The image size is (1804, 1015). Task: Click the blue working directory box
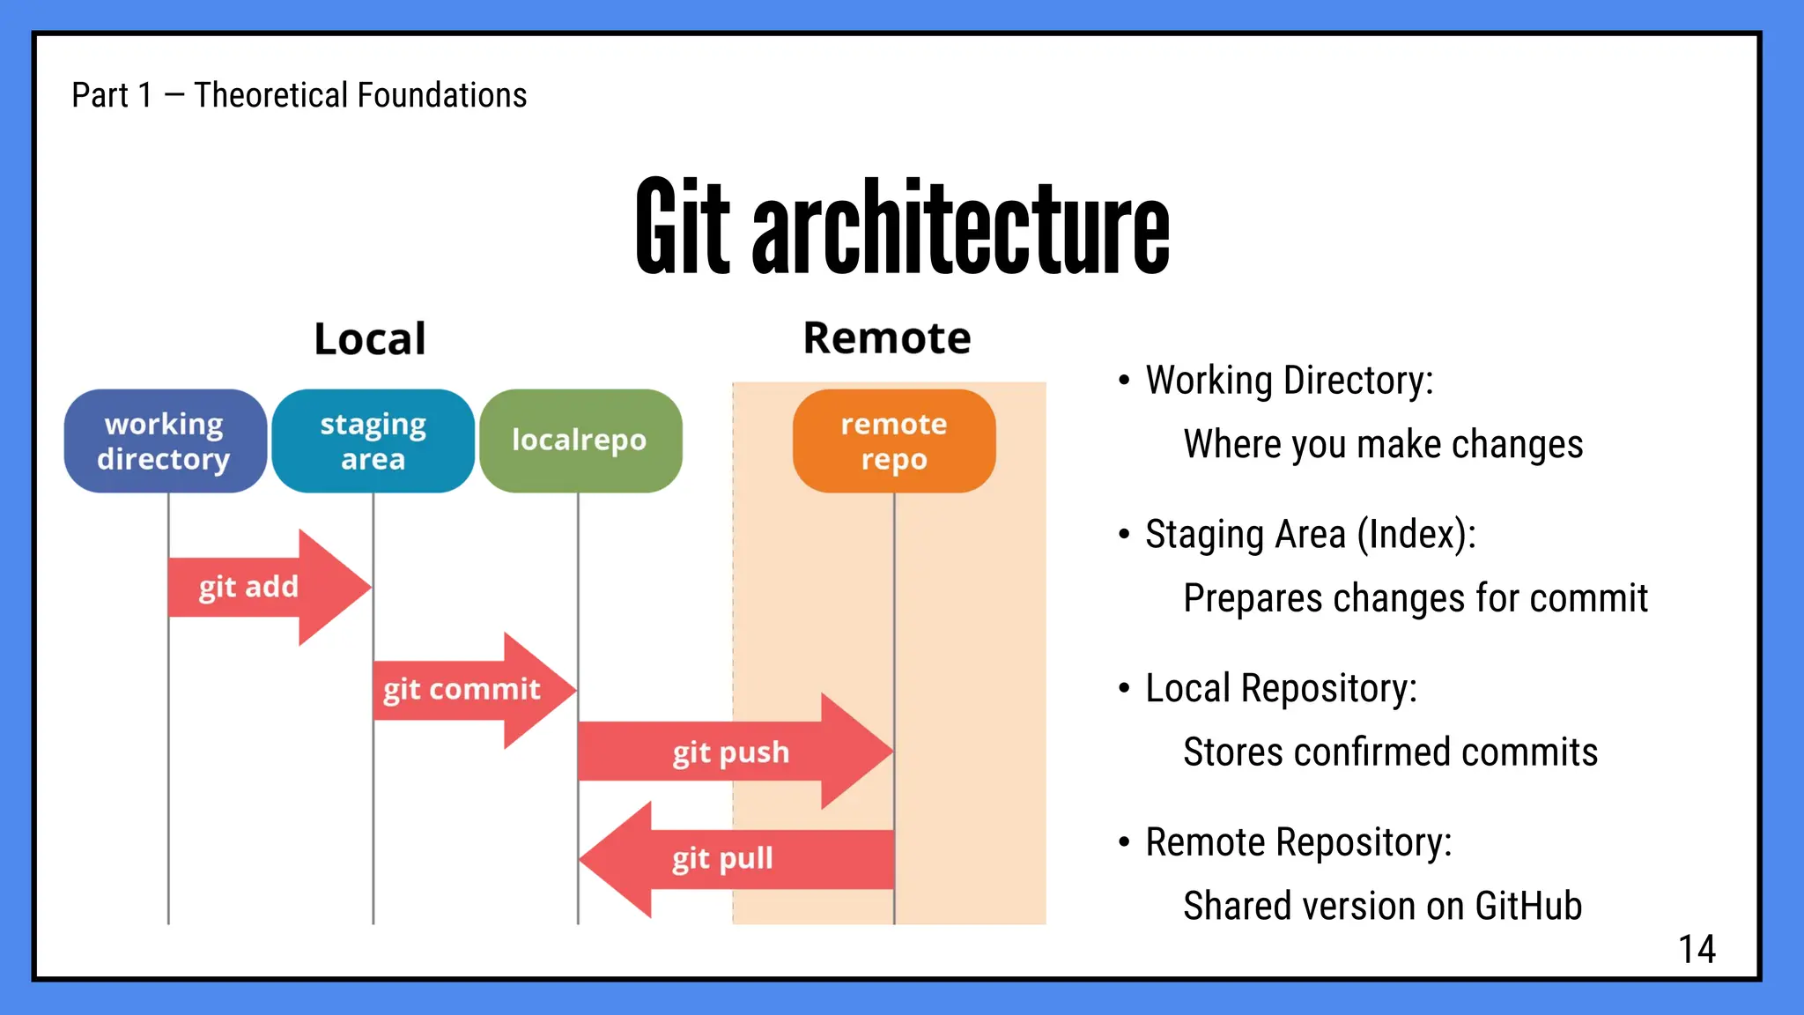click(165, 441)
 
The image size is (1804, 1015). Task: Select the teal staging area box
click(373, 441)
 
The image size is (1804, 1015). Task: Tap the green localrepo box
click(580, 441)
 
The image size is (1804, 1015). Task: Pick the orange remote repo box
click(893, 441)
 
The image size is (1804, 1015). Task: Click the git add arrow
click(264, 587)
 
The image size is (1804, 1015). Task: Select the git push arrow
click(731, 752)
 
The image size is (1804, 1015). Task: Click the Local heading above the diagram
click(370, 339)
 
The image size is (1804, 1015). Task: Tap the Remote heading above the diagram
click(886, 338)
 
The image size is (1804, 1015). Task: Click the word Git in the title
click(683, 226)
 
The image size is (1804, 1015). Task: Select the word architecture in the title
click(960, 226)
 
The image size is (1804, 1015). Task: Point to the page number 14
click(1697, 950)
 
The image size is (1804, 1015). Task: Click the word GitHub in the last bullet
click(1528, 906)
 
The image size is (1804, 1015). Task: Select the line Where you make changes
click(1383, 444)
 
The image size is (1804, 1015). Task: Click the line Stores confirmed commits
click(1390, 752)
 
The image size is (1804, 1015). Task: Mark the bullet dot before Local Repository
click(1124, 688)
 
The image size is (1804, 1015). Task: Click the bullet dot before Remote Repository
click(1124, 842)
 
